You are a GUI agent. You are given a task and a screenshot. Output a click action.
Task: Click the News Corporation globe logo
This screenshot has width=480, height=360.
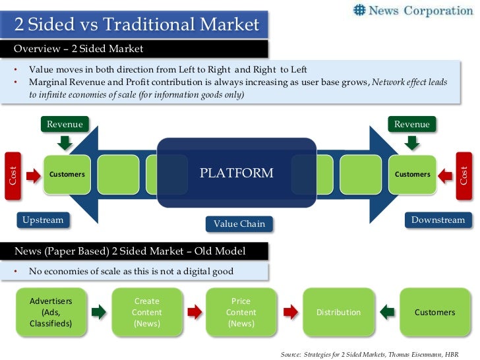[359, 10]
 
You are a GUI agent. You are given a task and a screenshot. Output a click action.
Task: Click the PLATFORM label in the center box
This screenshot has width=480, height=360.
[236, 173]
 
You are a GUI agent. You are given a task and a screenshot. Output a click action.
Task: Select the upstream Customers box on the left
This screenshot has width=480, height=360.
[67, 174]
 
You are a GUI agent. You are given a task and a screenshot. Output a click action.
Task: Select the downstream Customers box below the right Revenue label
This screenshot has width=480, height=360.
[412, 174]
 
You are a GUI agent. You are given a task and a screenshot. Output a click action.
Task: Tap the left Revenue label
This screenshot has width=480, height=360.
[65, 124]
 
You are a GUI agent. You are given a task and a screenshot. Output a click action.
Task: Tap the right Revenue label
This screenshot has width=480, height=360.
[411, 124]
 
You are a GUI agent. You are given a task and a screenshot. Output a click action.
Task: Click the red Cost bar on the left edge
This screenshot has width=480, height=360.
[12, 175]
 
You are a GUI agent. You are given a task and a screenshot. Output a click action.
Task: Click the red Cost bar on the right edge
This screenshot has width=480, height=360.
[465, 175]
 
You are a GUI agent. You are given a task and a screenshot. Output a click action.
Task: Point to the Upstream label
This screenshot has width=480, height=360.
[43, 220]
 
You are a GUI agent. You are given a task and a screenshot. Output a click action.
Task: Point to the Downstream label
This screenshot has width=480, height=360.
[438, 220]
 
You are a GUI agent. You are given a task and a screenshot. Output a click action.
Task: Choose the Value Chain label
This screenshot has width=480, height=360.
[239, 224]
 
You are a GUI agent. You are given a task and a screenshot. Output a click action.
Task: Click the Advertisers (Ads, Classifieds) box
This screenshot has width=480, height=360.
[51, 312]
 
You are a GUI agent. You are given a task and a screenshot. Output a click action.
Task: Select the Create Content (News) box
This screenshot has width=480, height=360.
[146, 312]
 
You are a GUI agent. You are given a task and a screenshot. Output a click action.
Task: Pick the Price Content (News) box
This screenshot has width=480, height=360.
[241, 312]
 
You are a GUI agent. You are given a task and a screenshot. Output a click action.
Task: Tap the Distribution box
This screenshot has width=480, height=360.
[338, 312]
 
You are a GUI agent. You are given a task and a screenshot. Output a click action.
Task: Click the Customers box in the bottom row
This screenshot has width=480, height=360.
[435, 312]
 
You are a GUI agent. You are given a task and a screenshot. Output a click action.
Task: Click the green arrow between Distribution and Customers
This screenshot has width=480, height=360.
[388, 312]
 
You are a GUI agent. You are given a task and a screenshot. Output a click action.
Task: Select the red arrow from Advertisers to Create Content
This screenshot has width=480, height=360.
[98, 312]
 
